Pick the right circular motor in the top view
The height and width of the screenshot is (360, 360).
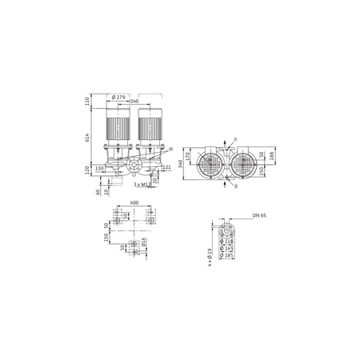[244, 164]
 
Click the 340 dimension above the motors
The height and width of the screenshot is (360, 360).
[134, 102]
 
